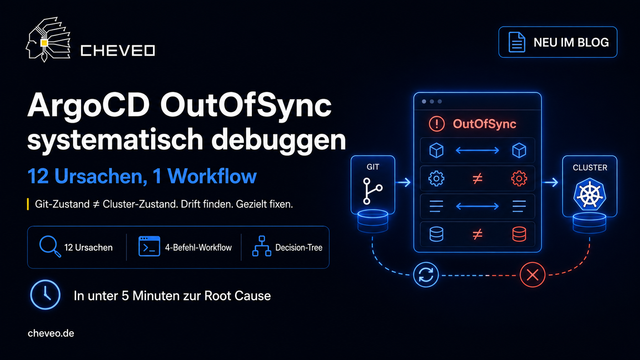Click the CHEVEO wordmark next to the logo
(118, 51)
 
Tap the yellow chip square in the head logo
(44, 43)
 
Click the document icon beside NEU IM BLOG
(517, 42)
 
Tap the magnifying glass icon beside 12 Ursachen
(50, 246)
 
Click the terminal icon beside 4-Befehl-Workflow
(149, 246)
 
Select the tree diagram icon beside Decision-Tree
(262, 246)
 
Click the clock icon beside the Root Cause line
(45, 295)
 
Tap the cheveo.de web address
(51, 334)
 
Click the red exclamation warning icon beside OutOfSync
(437, 124)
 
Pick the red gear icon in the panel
(519, 178)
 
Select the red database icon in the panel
(519, 234)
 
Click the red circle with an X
(532, 275)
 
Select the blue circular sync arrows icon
(426, 275)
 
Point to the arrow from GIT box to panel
(403, 182)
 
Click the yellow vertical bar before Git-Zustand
(28, 204)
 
